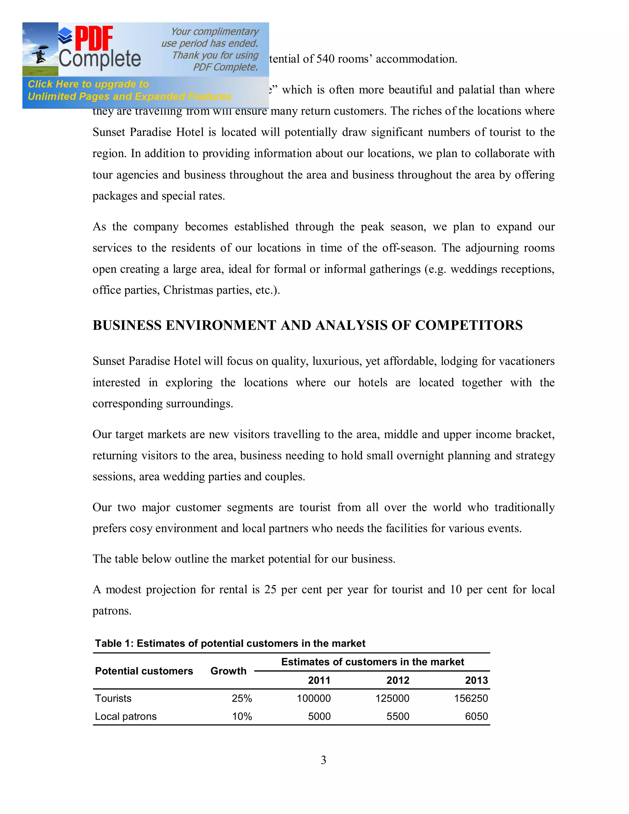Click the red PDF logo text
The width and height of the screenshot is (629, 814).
coord(94,38)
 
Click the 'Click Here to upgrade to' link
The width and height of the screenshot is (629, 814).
coord(88,84)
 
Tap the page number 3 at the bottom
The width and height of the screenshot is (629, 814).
coord(323,760)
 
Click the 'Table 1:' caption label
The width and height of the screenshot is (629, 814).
coord(114,644)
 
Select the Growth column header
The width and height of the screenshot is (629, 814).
coord(228,671)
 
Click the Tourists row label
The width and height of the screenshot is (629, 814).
coord(113,699)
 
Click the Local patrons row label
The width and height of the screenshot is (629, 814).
coord(126,717)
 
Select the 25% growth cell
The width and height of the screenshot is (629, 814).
coord(241,699)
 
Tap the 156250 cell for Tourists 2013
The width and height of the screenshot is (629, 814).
coord(471,699)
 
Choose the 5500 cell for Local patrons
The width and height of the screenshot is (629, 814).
coord(398,717)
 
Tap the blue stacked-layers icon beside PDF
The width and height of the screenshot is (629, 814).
coord(66,35)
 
